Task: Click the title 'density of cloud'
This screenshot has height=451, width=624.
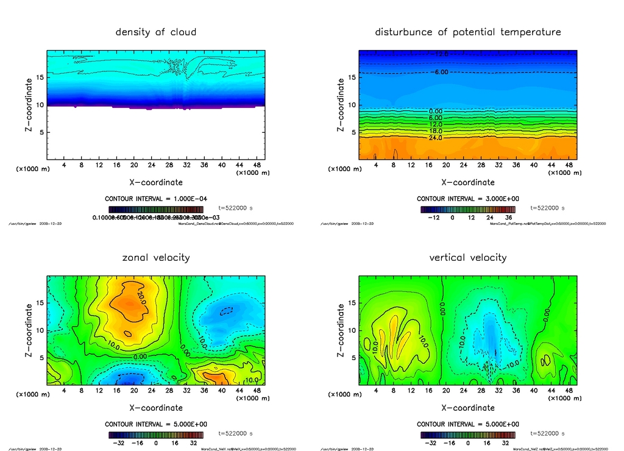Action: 156,32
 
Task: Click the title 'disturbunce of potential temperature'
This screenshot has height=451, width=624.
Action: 467,32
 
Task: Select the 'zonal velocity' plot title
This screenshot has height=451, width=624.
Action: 156,257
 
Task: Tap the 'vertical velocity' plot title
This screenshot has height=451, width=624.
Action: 467,257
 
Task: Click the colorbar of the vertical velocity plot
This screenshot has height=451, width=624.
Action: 467,435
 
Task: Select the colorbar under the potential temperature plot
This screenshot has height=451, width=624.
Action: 467,209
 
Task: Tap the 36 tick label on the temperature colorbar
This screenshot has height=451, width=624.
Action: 508,217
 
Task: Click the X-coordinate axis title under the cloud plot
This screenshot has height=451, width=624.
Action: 156,182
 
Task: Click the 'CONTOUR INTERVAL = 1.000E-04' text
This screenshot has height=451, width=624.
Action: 156,199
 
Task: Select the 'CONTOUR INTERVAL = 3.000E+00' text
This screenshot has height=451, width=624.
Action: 467,199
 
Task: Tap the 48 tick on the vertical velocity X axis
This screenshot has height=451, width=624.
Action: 567,391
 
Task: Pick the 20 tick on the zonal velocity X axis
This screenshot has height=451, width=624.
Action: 134,391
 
